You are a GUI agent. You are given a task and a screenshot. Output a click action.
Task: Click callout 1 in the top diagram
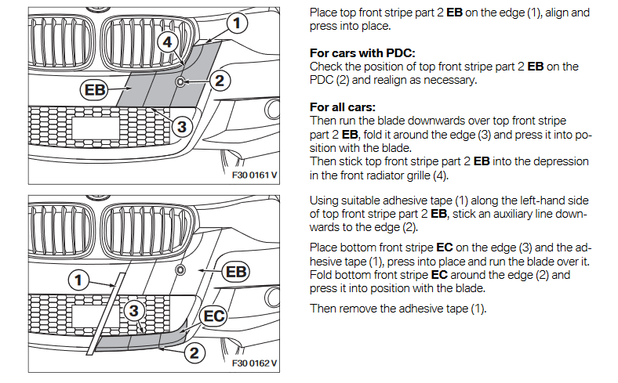coord(234,23)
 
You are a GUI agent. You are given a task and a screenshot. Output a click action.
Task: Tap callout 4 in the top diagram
coord(167,42)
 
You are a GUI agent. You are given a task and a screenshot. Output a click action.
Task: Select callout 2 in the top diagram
coord(219,79)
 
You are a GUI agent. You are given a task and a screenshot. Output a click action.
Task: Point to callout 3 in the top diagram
coord(180,125)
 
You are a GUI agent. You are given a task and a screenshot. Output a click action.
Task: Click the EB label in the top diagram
coord(93,90)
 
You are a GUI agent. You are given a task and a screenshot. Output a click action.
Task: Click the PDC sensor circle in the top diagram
coord(180,81)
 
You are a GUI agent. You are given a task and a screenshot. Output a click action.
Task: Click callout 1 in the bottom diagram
coord(78,277)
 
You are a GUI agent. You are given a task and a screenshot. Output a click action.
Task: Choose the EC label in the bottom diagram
coord(214,316)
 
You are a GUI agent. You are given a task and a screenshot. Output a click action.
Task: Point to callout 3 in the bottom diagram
coord(134,311)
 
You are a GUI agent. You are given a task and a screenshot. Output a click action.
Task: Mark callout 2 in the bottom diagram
coord(194,352)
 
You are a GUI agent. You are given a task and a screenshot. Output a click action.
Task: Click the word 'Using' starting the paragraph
coord(325,201)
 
